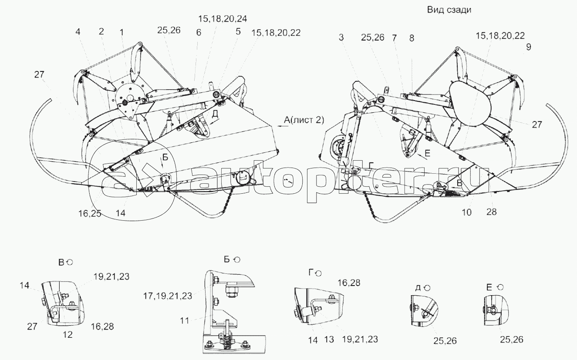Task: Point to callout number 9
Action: coord(528,47)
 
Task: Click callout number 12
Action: coord(67,335)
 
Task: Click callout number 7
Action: coord(394,37)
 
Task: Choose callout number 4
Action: coord(78,31)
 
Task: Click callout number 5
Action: coord(238,31)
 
